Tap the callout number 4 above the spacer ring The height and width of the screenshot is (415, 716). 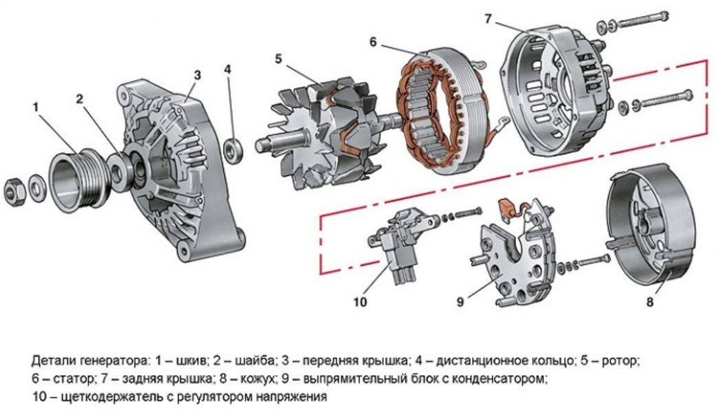228,70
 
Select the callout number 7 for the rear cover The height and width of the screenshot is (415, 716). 488,19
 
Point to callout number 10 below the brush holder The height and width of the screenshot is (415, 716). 361,301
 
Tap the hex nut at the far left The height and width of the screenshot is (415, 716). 14,189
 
